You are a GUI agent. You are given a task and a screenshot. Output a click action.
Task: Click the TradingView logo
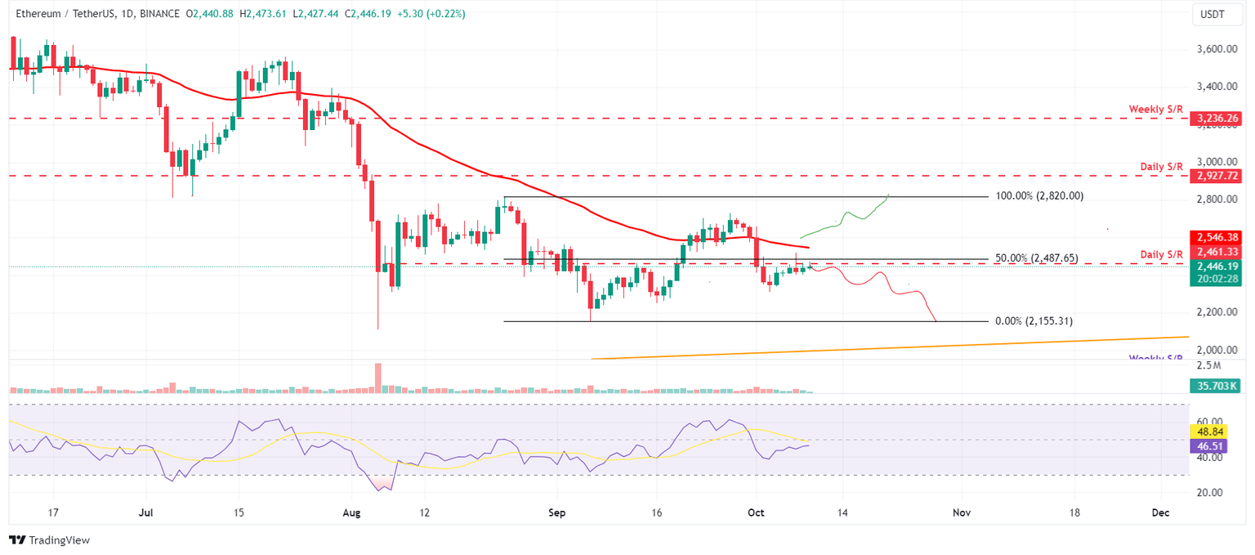click(x=49, y=540)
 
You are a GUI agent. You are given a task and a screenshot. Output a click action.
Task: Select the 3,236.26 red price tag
click(x=1216, y=119)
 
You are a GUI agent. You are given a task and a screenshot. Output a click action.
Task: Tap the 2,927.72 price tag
click(x=1216, y=176)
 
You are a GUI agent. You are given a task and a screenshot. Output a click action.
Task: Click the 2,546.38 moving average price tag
click(x=1216, y=236)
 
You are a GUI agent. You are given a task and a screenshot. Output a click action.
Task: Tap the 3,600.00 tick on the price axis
click(x=1215, y=49)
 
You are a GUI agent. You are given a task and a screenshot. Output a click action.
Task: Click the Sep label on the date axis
click(x=556, y=512)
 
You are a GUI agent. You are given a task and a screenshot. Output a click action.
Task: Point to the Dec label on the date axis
click(x=1160, y=512)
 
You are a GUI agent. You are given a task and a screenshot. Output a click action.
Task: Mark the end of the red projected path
click(x=936, y=321)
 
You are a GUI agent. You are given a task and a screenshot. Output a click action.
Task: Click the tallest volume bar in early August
click(x=378, y=378)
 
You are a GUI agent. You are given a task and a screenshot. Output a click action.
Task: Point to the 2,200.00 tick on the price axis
click(x=1215, y=312)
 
